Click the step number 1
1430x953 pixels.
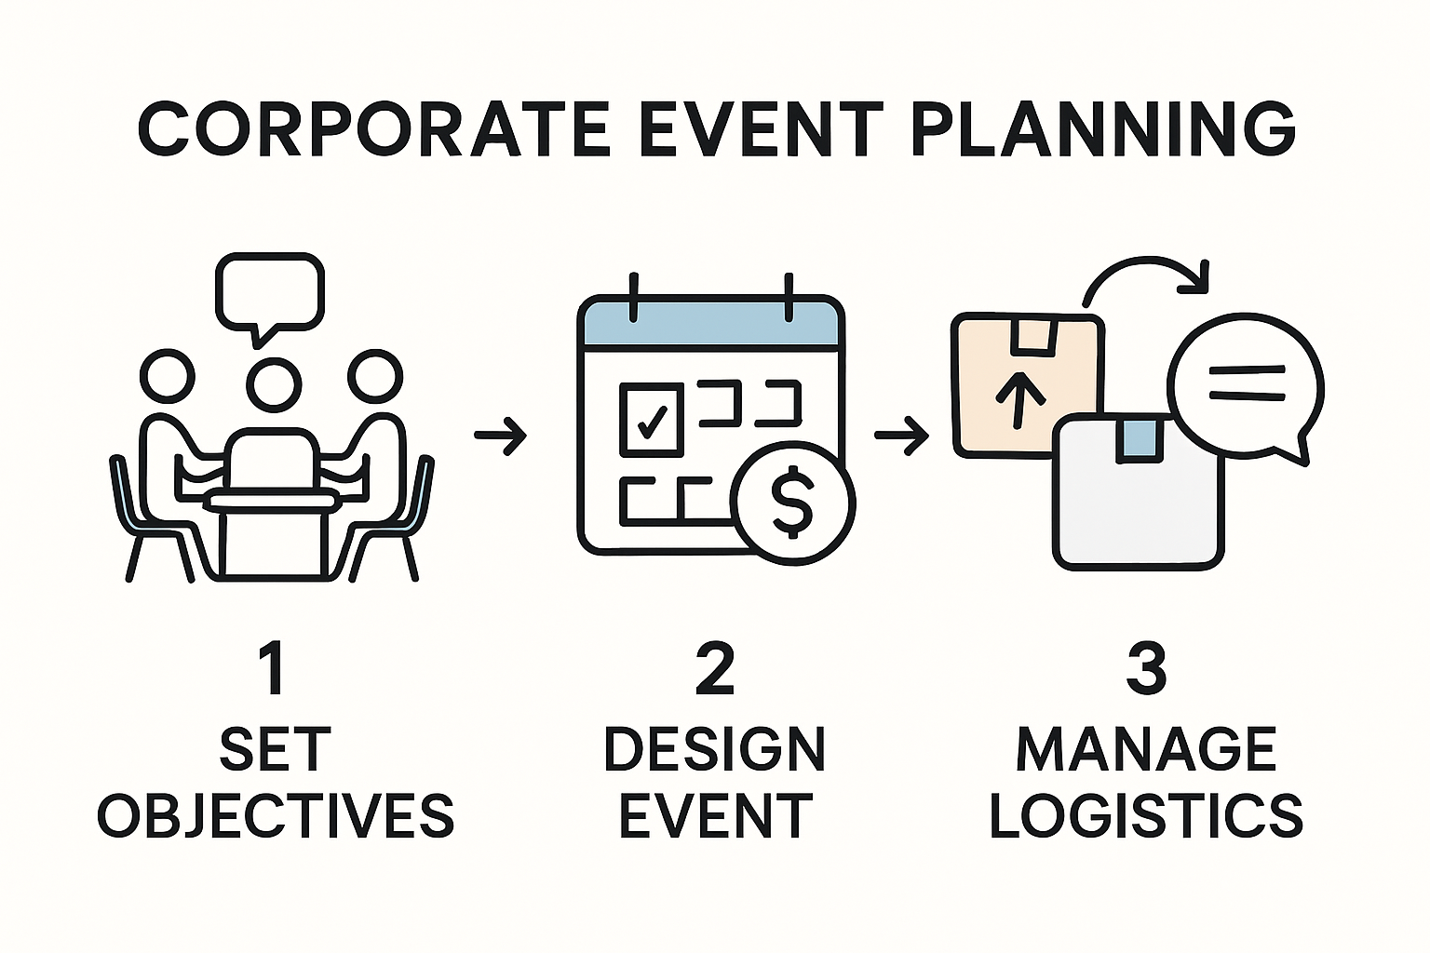coord(273,669)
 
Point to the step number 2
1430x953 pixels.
coord(714,669)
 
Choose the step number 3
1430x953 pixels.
coord(1147,669)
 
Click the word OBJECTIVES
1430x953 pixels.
coord(276,816)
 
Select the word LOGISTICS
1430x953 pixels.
coord(1147,816)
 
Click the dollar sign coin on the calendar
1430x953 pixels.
coord(792,503)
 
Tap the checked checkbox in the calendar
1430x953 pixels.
coord(652,419)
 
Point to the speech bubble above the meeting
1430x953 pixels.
coord(270,294)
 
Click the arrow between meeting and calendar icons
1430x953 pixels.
coord(501,436)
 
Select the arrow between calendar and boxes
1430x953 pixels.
coord(902,436)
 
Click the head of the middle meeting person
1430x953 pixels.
coord(274,385)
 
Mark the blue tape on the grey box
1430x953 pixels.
coord(1138,440)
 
